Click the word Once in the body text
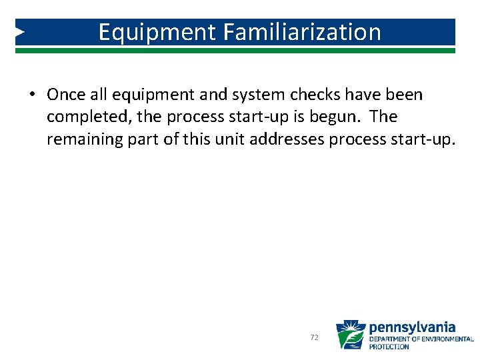[66, 95]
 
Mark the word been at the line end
[403, 95]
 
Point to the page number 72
[315, 338]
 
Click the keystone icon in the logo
[350, 335]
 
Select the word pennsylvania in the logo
[412, 327]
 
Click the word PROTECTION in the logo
[389, 347]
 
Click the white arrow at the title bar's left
[21, 31]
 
